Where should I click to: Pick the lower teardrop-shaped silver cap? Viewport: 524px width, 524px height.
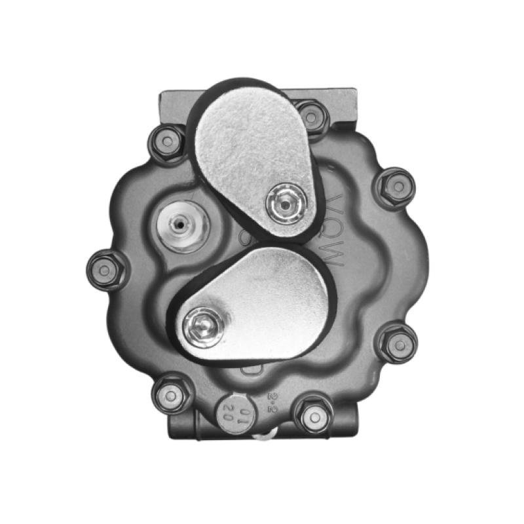[x=269, y=301]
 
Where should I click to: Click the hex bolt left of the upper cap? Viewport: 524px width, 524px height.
[x=166, y=141]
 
